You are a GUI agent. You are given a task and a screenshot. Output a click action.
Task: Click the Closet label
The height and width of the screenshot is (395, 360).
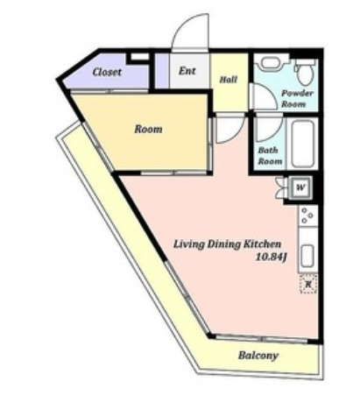[x=107, y=72]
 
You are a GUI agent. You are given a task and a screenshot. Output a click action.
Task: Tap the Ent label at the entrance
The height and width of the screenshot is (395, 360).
[x=187, y=71]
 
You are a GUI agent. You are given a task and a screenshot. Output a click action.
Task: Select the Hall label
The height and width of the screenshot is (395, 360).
[x=229, y=80]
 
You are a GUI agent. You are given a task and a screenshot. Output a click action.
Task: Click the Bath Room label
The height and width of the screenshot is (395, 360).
[x=270, y=156]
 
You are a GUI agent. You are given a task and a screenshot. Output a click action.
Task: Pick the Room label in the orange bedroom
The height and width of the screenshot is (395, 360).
[x=148, y=129]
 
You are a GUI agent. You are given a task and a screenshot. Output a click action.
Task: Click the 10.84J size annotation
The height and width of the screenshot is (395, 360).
[x=271, y=257]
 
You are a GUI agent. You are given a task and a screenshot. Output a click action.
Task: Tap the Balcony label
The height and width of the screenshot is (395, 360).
[x=258, y=356]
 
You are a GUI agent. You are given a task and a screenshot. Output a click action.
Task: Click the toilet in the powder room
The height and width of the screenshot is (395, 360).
[x=305, y=71]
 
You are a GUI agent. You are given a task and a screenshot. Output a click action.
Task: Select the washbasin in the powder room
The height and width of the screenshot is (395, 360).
[x=270, y=63]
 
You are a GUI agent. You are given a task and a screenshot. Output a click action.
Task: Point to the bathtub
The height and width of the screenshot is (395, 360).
[x=302, y=145]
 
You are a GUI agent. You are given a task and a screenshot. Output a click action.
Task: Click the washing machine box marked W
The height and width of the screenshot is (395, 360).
[x=300, y=187]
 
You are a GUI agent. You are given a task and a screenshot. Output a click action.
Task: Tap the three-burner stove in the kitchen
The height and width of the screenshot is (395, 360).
[x=307, y=215]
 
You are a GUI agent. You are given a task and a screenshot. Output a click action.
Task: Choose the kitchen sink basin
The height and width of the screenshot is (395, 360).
[x=307, y=256]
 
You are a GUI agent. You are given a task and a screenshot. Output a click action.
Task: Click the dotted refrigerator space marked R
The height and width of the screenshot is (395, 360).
[x=308, y=284]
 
